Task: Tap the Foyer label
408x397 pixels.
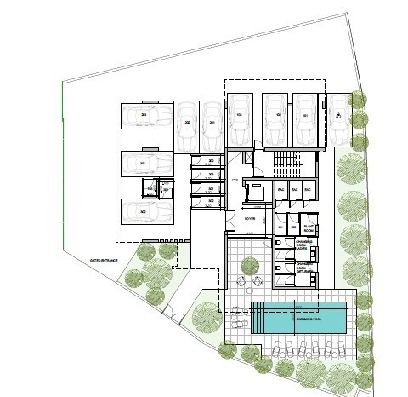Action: (x=250, y=219)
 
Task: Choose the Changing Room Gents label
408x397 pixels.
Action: (x=306, y=270)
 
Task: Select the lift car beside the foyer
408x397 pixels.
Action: (x=252, y=193)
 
